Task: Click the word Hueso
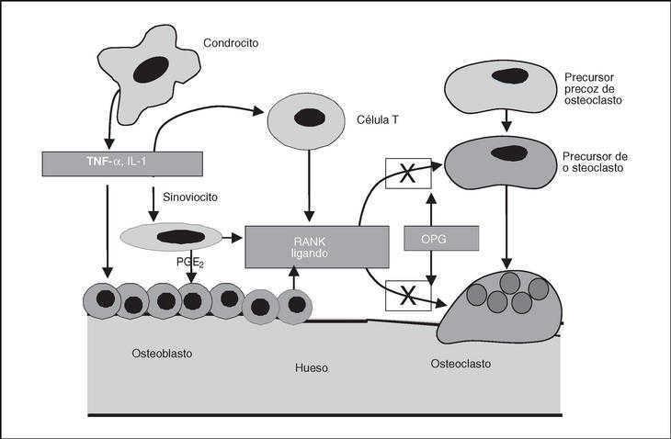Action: pyautogui.click(x=313, y=368)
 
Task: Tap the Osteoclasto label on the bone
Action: pyautogui.click(x=461, y=365)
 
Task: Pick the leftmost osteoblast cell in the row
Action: pyautogui.click(x=102, y=300)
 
